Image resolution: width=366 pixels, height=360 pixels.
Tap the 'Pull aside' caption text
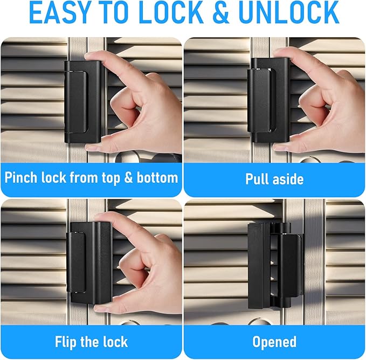click(x=274, y=178)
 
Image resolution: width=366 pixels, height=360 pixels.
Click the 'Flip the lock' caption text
click(x=91, y=341)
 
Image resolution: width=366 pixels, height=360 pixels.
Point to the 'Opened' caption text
click(x=274, y=341)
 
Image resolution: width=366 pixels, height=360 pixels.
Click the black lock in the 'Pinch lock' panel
click(x=82, y=102)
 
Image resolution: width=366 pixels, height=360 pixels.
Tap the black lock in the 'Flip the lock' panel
click(x=89, y=261)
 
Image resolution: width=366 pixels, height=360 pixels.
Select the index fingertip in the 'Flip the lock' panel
click(x=102, y=219)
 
